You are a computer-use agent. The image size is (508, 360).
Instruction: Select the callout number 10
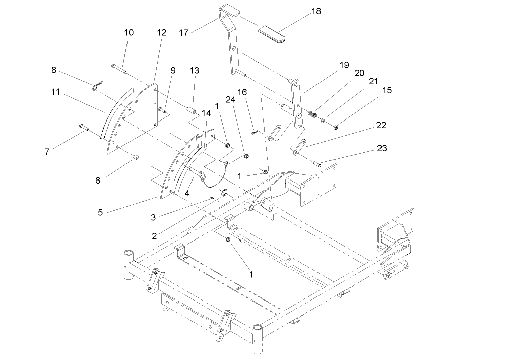pyautogui.click(x=129, y=32)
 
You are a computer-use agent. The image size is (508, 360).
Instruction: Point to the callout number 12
pyautogui.click(x=161, y=32)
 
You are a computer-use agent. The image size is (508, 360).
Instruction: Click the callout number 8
pyautogui.click(x=54, y=71)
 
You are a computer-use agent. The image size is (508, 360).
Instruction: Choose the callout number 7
pyautogui.click(x=47, y=151)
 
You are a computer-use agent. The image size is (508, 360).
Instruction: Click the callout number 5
pyautogui.click(x=101, y=212)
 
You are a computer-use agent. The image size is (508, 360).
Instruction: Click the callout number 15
pyautogui.click(x=386, y=90)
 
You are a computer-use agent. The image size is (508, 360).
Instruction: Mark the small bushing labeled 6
pyautogui.click(x=135, y=158)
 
